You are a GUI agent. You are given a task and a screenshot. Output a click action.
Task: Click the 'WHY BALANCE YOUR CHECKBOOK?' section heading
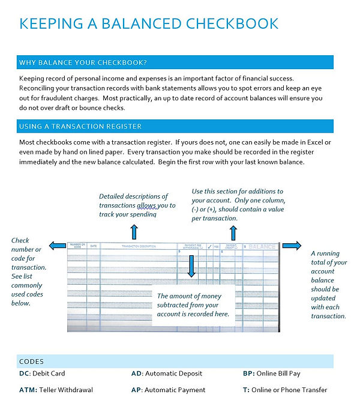[x=83, y=62]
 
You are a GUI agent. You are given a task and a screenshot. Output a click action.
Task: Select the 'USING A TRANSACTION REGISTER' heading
[x=80, y=127]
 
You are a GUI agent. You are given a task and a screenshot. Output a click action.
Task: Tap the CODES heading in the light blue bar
[x=32, y=362]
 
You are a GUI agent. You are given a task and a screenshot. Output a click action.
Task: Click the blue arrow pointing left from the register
[x=58, y=245]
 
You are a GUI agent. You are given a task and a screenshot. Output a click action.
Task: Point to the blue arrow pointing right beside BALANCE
[x=292, y=245]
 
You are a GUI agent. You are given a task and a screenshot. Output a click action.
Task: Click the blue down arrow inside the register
[x=191, y=265]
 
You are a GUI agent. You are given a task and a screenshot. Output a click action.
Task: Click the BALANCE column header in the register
[x=262, y=246]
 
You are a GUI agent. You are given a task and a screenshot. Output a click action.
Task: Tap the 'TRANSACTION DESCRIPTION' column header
[x=139, y=246]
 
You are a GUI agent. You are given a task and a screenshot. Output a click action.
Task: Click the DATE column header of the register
[x=93, y=246]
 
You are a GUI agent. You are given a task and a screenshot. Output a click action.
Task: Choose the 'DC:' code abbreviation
[x=25, y=374]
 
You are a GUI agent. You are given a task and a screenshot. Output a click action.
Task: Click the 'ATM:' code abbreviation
[x=28, y=390]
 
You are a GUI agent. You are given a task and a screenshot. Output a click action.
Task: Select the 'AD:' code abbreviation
[x=137, y=374]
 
